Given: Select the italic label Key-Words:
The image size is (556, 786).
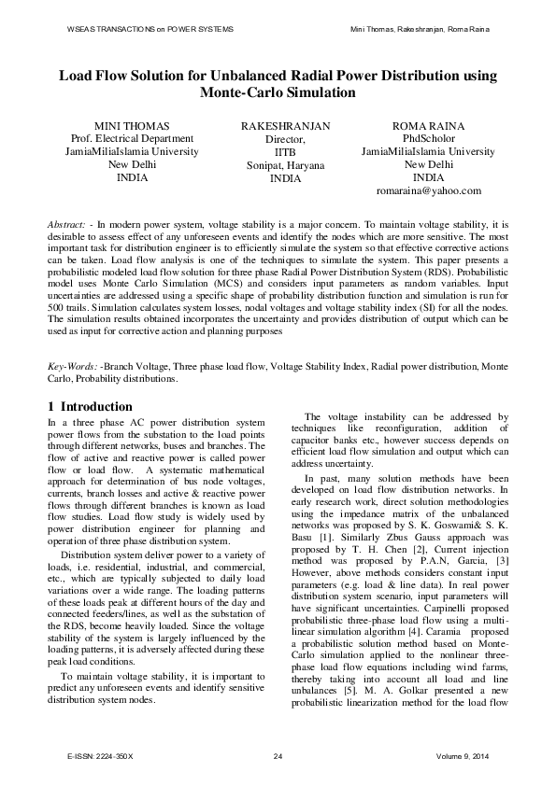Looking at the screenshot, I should tap(73, 368).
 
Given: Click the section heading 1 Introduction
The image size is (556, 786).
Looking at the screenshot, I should tap(90, 407).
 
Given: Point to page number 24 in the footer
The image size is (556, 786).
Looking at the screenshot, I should tap(278, 755).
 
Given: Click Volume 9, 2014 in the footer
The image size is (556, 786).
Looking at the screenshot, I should tap(461, 755).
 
